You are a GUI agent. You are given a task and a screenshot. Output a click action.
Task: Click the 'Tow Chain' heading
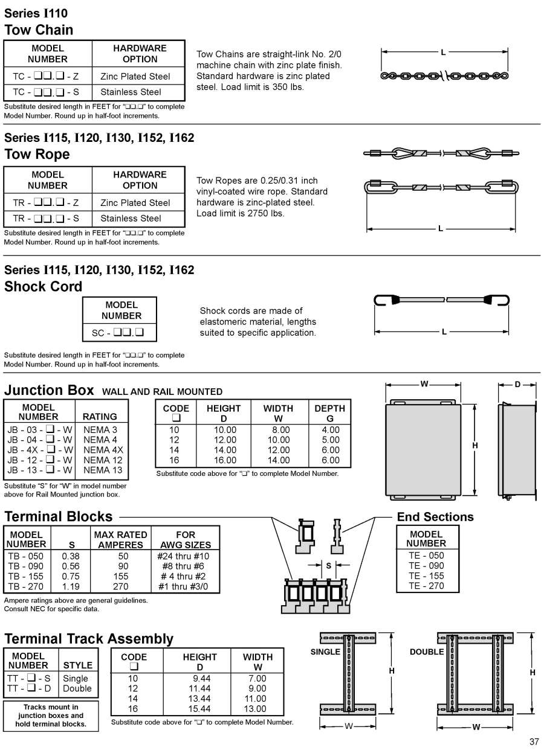(39, 30)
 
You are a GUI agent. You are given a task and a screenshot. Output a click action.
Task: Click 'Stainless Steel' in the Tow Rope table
(131, 219)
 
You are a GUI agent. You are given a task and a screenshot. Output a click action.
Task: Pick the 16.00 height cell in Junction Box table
(223, 460)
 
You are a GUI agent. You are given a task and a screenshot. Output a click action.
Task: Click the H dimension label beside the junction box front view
(475, 446)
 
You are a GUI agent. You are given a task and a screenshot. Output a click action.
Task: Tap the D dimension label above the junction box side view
(517, 385)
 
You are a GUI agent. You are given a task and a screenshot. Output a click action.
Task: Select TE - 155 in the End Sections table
(426, 576)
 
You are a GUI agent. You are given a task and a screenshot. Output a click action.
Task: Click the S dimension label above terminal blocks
(328, 566)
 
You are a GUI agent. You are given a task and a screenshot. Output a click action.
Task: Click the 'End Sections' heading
(435, 517)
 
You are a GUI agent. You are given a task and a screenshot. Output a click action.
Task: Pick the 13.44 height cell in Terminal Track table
(199, 699)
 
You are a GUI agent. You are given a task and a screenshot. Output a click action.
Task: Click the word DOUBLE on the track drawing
(427, 652)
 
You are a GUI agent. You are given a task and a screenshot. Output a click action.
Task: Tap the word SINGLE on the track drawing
(325, 652)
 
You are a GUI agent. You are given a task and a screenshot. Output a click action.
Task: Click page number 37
(534, 742)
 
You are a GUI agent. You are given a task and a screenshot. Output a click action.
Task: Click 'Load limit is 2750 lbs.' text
(240, 213)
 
